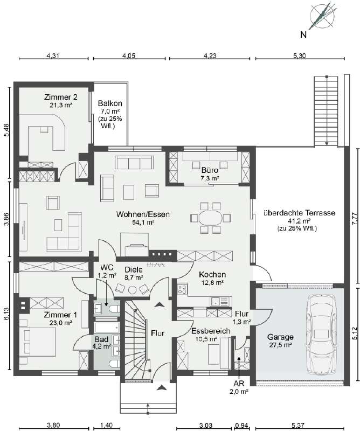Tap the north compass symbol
tap(320, 16)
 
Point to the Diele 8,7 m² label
tap(133, 273)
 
